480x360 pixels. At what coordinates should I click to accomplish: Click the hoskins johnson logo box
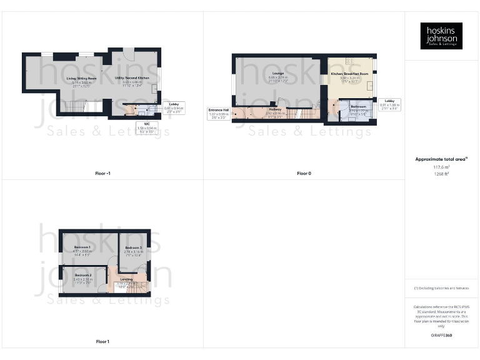[441, 36]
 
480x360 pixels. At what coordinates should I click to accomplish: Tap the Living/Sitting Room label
[81, 78]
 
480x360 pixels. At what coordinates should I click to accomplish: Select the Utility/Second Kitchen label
[132, 78]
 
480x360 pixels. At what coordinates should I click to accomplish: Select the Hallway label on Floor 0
[275, 109]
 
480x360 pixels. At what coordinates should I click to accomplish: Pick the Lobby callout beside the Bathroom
[389, 104]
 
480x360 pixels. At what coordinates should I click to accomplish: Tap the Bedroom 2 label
[83, 275]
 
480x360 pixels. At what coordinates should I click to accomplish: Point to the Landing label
[126, 279]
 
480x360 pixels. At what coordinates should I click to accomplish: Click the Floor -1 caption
[102, 173]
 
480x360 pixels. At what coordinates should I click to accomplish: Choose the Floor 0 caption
[304, 173]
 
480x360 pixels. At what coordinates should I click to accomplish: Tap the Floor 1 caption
[102, 341]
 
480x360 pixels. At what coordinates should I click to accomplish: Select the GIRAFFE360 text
[441, 336]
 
